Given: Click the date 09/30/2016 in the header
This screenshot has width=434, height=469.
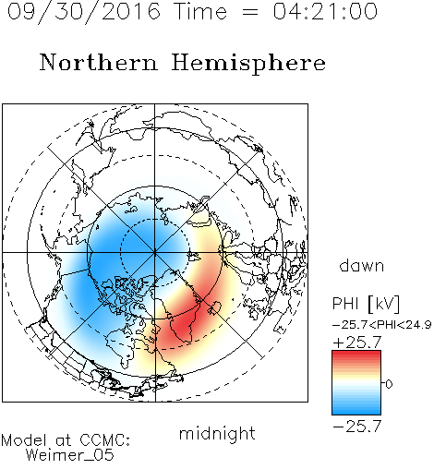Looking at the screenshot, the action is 83,12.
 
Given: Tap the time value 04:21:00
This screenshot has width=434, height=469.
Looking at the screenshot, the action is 325,11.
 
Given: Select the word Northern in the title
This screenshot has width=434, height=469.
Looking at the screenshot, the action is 99,63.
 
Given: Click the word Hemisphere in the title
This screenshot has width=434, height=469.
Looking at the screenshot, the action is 248,64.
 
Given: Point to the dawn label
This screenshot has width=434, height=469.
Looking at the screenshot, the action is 362,265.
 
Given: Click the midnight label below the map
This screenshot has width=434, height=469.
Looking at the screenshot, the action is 217,433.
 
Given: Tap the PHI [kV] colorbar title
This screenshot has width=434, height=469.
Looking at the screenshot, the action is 366,304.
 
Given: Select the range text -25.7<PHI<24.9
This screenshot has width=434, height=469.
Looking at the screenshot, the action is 382,325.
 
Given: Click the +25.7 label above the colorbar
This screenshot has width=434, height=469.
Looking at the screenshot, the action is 357,343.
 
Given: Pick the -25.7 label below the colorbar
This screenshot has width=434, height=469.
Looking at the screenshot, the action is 357,427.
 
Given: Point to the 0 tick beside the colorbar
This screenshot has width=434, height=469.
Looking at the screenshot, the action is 389,384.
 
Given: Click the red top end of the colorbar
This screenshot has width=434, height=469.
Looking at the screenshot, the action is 356,353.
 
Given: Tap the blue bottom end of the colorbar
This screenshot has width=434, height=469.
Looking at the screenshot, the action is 356,412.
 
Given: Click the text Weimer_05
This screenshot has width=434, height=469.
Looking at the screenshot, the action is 69,455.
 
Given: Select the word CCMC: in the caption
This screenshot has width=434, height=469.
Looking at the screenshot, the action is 104,440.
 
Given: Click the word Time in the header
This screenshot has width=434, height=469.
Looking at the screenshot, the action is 200,11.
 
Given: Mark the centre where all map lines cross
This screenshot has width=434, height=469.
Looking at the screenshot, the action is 155,252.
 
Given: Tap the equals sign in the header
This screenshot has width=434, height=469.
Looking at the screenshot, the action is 250,12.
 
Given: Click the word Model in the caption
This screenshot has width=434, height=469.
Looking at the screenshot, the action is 24,440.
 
